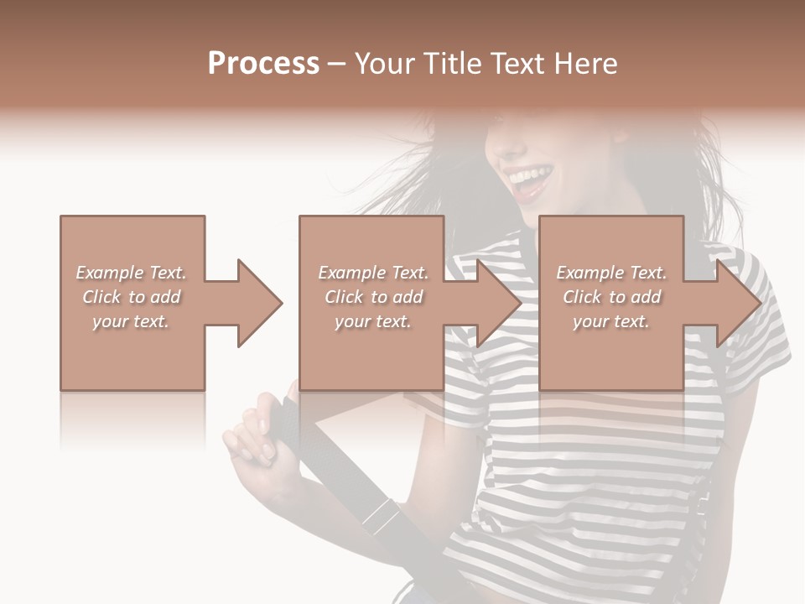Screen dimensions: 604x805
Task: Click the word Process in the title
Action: click(263, 63)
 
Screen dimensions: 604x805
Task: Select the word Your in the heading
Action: click(385, 63)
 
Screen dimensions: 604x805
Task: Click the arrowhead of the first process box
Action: click(260, 303)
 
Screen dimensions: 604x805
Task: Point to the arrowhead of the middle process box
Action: click(500, 303)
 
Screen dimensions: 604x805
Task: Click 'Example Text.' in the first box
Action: click(132, 273)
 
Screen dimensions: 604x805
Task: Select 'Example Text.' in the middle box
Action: click(373, 273)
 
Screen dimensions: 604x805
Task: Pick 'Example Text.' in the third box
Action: click(611, 273)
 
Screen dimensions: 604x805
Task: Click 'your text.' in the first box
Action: click(132, 321)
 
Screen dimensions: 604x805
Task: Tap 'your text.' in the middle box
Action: click(373, 321)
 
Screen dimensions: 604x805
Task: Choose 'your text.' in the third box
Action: click(611, 321)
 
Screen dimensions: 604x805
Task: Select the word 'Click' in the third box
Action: click(582, 297)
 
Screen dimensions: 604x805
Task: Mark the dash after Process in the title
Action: click(337, 64)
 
